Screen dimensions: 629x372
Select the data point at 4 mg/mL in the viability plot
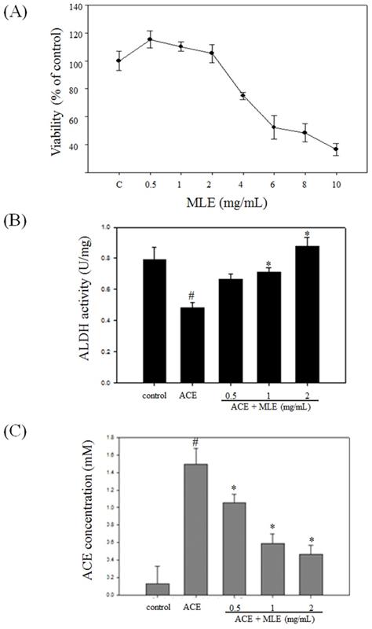point(243,96)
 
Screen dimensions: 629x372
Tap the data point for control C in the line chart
point(119,61)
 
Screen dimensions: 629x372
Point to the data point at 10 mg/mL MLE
point(336,149)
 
